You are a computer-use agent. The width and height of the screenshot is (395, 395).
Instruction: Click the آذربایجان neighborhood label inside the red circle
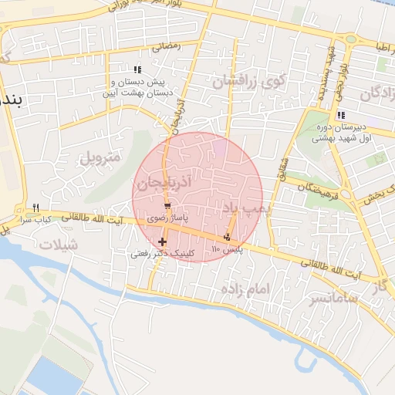[160, 184]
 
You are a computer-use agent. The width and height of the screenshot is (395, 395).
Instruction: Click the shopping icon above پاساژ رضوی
[167, 207]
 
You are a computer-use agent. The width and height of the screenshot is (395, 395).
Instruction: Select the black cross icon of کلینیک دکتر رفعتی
[162, 242]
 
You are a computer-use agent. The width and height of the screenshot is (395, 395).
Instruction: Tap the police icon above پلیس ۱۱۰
[227, 237]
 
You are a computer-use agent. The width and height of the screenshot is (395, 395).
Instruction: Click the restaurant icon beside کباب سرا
[35, 208]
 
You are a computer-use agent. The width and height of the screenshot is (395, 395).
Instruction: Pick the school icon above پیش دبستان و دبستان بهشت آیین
[137, 69]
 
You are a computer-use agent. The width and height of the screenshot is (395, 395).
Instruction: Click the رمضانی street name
[166, 46]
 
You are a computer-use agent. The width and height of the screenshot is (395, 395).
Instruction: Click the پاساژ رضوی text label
[167, 219]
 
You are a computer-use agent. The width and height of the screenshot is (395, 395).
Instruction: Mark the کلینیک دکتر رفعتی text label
[162, 253]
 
